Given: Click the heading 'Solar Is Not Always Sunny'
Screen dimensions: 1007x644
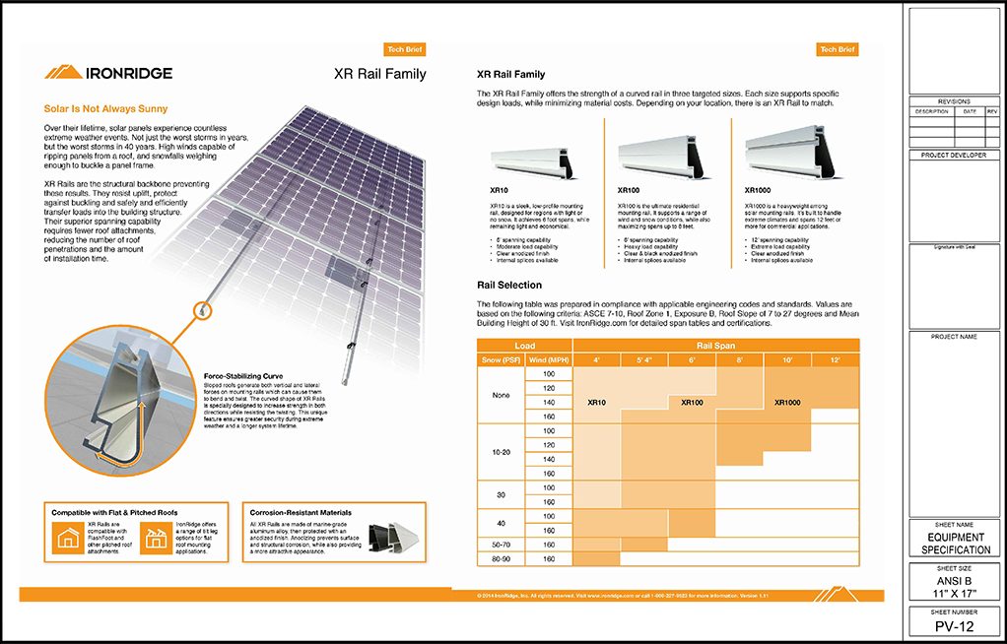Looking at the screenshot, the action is (105, 108).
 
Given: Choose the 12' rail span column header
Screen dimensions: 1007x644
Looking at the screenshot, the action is (836, 359).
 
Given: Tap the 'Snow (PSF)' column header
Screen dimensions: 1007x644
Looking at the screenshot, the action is (500, 359).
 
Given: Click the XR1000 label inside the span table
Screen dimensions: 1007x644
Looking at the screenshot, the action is (787, 403).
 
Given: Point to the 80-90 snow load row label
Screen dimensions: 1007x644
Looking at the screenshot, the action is (500, 558).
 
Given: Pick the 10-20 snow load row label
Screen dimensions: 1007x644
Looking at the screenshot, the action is (500, 452).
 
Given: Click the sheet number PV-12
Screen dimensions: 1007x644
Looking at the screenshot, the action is (955, 627).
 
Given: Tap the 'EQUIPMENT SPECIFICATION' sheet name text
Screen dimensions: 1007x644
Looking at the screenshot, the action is (955, 544).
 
